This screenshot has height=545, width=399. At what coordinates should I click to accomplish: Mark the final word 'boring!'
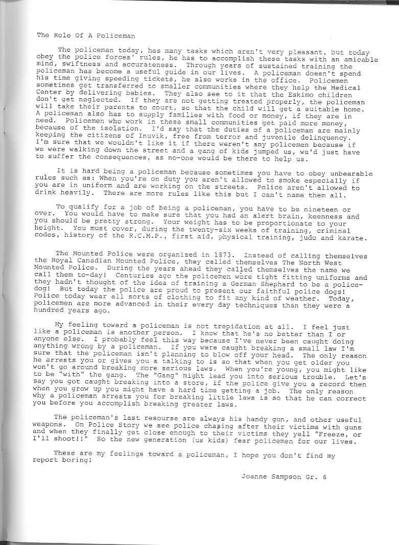(x=78, y=459)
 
